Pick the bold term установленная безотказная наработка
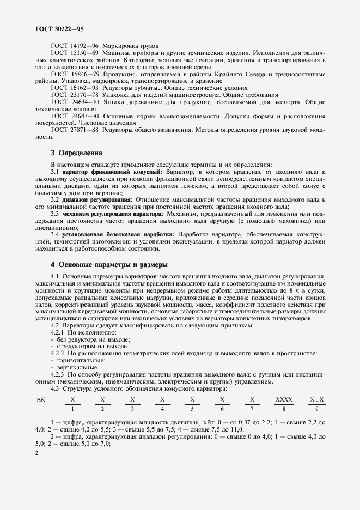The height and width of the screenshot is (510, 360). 117,234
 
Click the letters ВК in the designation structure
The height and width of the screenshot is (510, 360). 41,400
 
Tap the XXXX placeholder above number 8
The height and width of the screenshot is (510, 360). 284,400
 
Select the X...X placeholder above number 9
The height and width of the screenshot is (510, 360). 316,400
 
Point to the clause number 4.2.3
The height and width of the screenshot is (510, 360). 58,375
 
